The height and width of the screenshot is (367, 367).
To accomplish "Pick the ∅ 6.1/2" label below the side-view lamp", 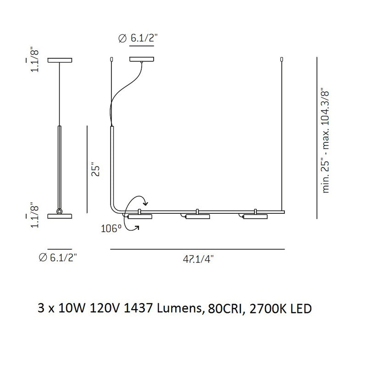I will click(58, 258).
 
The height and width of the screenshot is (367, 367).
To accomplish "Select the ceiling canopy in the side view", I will click(60, 60).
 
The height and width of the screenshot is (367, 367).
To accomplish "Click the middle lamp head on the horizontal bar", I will click(197, 216).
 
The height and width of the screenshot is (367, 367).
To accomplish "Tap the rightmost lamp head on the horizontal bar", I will click(255, 216).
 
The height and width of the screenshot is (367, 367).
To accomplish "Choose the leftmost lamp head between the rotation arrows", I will click(139, 216).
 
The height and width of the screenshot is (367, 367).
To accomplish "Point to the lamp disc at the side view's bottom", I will click(60, 215).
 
